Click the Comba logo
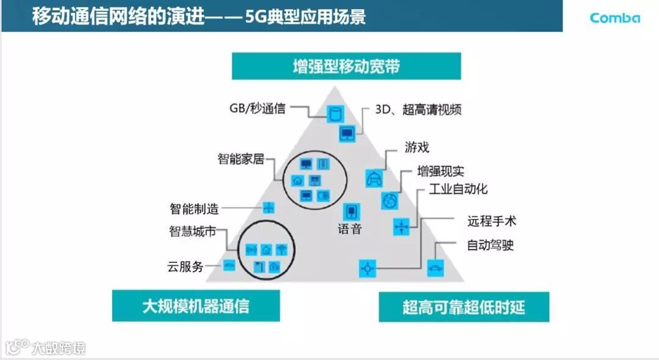click(614, 18)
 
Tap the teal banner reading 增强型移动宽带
click(346, 66)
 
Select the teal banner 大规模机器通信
click(196, 306)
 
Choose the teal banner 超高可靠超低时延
click(464, 307)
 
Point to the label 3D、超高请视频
click(418, 110)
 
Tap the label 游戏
click(417, 147)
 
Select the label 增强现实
click(441, 171)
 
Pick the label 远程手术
click(491, 221)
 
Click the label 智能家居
click(241, 159)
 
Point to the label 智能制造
click(194, 208)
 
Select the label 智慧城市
click(192, 232)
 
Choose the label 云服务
click(185, 267)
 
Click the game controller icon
click(373, 178)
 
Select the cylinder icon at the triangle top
click(334, 113)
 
